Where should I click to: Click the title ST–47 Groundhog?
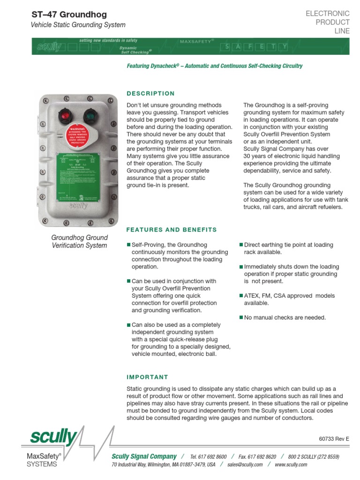click(69, 15)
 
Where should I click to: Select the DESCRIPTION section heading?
click(150, 93)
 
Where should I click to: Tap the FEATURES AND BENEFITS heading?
click(172, 230)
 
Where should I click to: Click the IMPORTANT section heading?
click(147, 377)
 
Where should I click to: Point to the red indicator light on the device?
click(63, 115)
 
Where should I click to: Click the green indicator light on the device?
click(90, 115)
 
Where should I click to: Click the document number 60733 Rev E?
click(334, 439)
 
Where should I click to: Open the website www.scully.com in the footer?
click(291, 465)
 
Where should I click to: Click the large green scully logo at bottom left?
click(53, 438)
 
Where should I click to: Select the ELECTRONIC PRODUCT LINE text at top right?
click(328, 22)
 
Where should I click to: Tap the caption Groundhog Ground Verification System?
click(79, 241)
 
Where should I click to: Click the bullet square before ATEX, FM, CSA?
click(241, 296)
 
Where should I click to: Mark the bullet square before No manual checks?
click(241, 318)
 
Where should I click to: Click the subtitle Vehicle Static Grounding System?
click(78, 25)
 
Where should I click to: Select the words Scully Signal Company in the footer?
click(144, 457)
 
